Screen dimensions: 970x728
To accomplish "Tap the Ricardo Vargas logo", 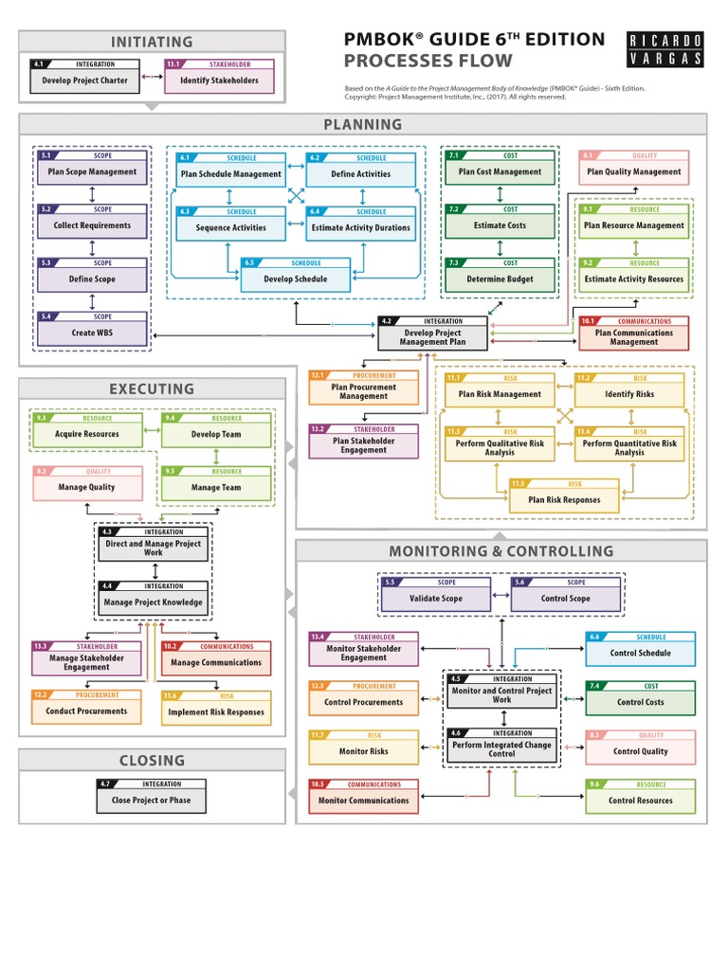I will [666, 49].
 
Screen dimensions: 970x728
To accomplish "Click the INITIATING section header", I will [152, 42].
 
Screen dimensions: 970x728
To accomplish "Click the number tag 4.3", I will [107, 531].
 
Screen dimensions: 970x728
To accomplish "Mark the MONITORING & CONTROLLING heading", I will [500, 551].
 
